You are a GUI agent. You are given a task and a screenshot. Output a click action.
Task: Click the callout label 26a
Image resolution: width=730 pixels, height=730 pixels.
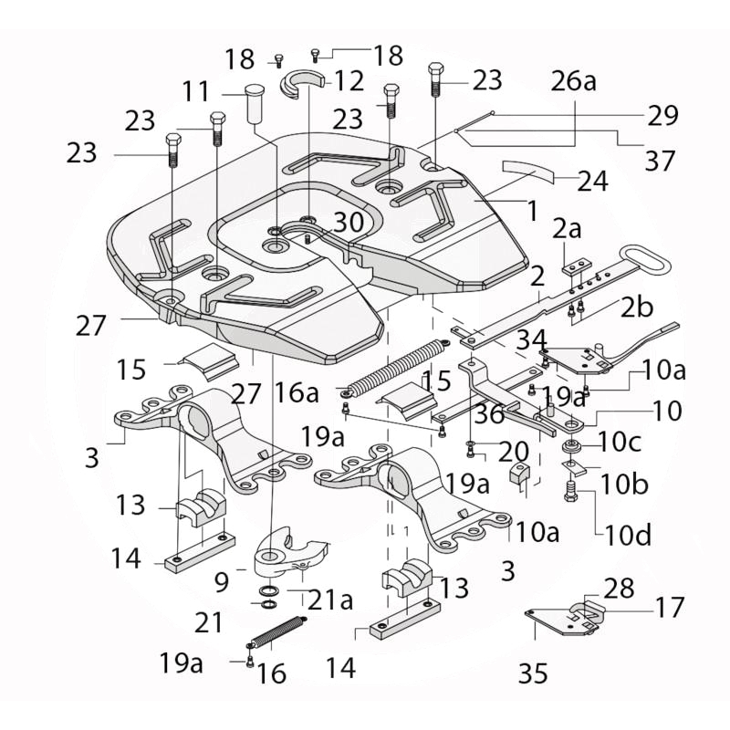pyautogui.click(x=572, y=82)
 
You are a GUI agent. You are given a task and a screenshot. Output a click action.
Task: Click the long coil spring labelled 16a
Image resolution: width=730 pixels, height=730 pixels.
pyautogui.click(x=393, y=366)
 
